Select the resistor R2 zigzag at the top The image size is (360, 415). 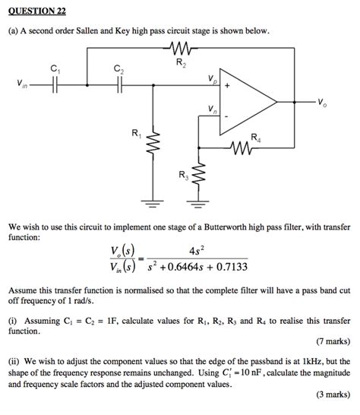pyautogui.click(x=179, y=51)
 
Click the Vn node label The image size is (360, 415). pyautogui.click(x=210, y=111)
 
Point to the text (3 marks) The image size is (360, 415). pyautogui.click(x=332, y=395)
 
